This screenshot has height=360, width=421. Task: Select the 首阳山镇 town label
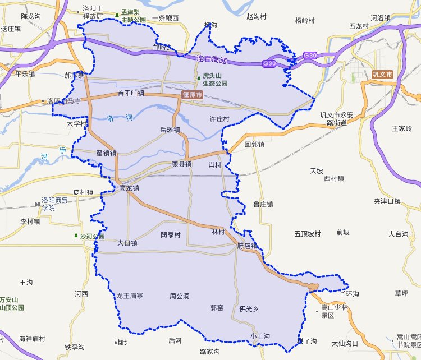[x=131, y=93]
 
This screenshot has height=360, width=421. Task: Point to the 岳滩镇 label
[x=170, y=130]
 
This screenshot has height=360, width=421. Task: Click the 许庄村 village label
[x=219, y=119]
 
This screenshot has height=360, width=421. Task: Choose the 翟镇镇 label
[x=106, y=153]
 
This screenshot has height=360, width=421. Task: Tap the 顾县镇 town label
[x=181, y=164]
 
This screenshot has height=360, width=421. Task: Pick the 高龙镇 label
[x=129, y=188]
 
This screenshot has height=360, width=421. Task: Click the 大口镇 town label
[x=127, y=243]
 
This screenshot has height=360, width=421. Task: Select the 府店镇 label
[x=247, y=246]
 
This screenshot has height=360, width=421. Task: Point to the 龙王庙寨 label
[x=130, y=296]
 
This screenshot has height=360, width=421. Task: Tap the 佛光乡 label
[x=249, y=308]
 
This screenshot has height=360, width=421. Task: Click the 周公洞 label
[x=180, y=296]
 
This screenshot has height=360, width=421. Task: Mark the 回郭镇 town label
[x=254, y=144]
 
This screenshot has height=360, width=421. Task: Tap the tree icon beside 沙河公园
[x=76, y=236]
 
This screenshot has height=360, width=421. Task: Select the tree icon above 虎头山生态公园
[x=198, y=78]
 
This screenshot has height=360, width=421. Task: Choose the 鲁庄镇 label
[x=263, y=204]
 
